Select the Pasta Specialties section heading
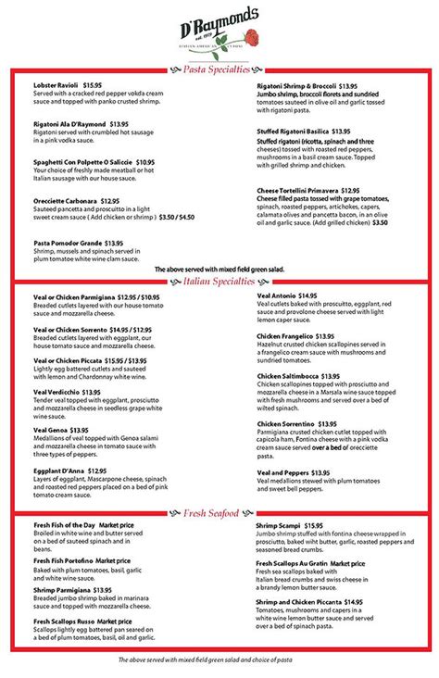[x=218, y=69]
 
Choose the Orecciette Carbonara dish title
[x=66, y=200]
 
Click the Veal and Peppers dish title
[x=283, y=471]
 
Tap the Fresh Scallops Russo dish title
[x=70, y=620]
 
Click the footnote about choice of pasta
[x=219, y=660]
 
